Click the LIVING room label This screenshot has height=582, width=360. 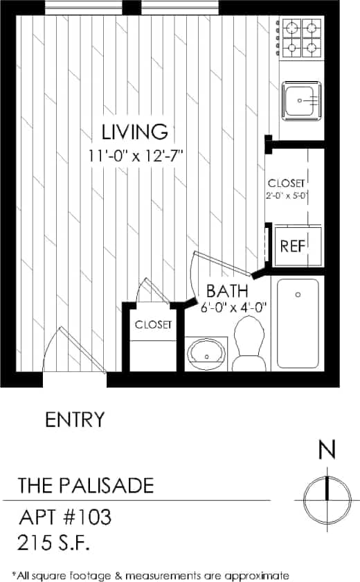point(134,131)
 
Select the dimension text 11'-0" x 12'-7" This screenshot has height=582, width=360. point(134,155)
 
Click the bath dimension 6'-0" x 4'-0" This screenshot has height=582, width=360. point(234,307)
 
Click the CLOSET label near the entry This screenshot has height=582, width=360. point(154,324)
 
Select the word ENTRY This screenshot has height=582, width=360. point(75,419)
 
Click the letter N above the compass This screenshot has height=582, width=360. point(327,450)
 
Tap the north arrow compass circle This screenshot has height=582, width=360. point(327,497)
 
